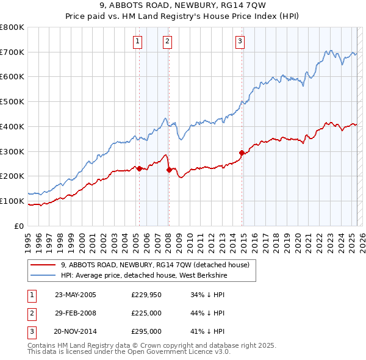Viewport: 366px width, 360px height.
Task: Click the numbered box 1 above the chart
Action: [x=137, y=41]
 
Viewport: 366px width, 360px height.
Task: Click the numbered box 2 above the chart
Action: [x=167, y=41]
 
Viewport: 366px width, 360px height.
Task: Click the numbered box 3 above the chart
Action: [x=240, y=41]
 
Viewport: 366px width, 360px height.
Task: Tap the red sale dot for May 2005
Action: [x=139, y=168]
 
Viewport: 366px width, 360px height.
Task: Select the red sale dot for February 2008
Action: [x=169, y=170]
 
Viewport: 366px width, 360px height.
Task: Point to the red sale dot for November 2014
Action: [x=242, y=153]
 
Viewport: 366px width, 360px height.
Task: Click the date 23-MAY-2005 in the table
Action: [x=76, y=295]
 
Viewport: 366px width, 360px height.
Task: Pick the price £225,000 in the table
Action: [x=146, y=313]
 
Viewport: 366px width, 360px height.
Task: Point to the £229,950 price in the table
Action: [x=146, y=295]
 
